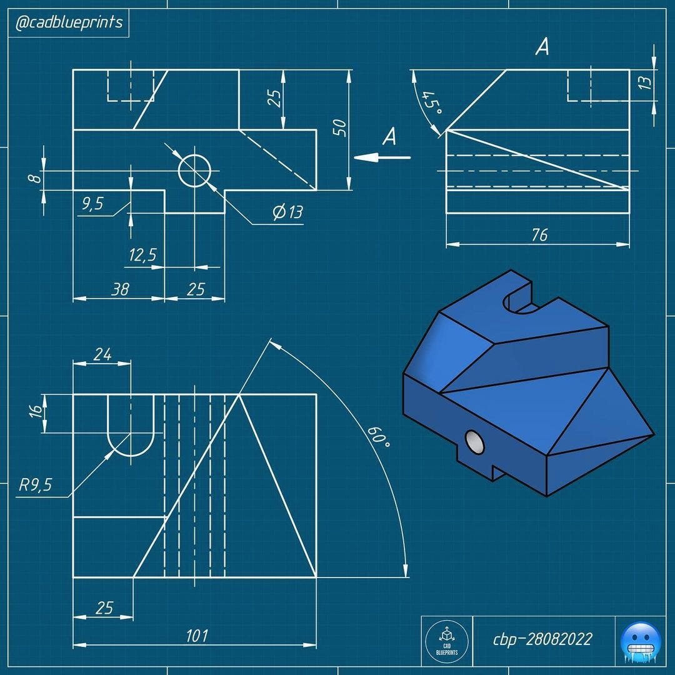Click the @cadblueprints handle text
(69, 24)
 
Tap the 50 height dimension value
(339, 127)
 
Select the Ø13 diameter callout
(287, 212)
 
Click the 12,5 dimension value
(142, 255)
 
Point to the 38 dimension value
(120, 289)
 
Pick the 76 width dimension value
(539, 234)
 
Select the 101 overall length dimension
(197, 636)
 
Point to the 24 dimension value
(102, 354)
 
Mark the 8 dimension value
(36, 178)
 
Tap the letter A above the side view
(542, 47)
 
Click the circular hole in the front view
(194, 171)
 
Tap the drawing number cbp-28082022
(542, 639)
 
